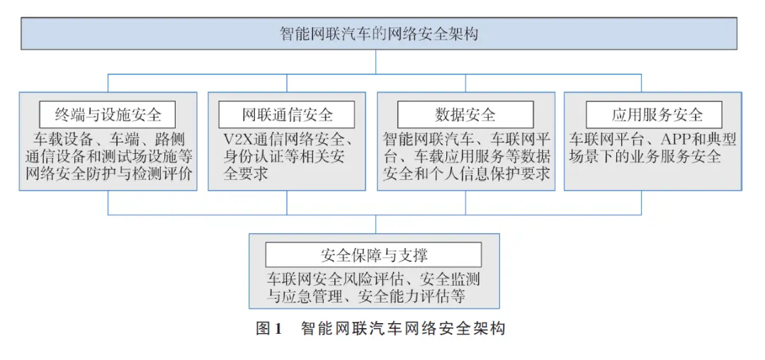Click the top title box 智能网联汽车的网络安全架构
coord(378,33)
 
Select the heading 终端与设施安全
coord(108,115)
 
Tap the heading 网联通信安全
coord(287,115)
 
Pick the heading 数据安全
coord(465,115)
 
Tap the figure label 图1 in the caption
coord(269,328)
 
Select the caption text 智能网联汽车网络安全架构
coord(403,328)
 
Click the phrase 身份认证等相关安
coord(286,157)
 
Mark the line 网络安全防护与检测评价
coord(108,174)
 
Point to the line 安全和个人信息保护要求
coord(466,174)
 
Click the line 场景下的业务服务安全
coord(645,157)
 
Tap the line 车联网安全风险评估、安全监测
coord(373,279)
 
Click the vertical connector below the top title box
coord(375,62)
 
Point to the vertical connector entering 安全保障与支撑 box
coord(375,224)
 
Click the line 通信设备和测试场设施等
coord(108,157)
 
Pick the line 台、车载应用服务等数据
coord(466,157)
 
